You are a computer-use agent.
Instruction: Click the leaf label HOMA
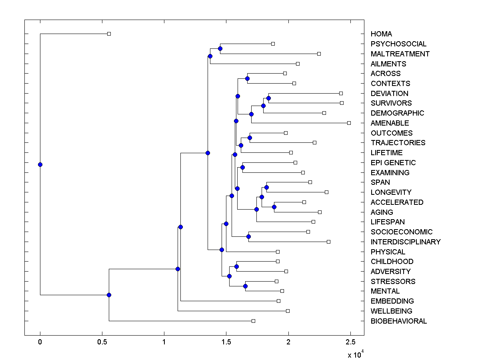(381, 34)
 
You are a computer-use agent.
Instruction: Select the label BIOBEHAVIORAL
(398, 321)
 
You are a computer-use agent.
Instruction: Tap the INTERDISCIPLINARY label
(405, 242)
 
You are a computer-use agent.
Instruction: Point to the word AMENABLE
(390, 123)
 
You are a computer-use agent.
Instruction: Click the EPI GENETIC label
(393, 163)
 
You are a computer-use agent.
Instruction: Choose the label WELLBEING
(391, 311)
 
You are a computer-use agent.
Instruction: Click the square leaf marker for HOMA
(109, 34)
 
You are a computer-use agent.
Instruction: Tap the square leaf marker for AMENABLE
(349, 123)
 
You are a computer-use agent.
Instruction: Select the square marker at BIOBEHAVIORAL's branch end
(253, 321)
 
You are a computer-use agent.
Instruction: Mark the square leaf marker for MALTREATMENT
(319, 54)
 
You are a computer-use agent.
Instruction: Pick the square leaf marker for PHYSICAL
(278, 252)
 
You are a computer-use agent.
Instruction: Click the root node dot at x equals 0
(40, 164)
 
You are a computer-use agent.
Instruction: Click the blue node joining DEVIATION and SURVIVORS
(268, 98)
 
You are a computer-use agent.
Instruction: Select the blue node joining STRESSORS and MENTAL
(245, 286)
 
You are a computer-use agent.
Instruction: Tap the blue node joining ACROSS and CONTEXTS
(247, 78)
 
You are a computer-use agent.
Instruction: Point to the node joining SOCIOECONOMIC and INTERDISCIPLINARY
(248, 236)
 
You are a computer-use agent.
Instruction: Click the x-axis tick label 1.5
(226, 342)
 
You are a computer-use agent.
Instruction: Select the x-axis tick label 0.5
(102, 342)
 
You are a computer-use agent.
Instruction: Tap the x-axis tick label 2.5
(350, 342)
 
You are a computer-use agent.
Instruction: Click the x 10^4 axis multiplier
(354, 354)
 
